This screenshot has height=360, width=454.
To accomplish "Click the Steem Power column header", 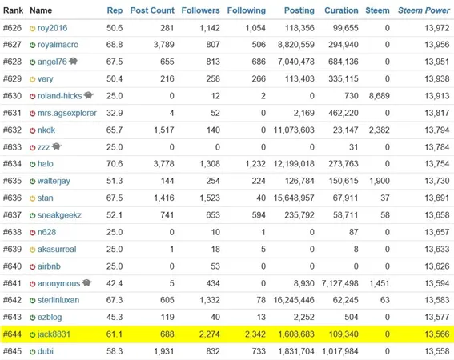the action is coord(424,10).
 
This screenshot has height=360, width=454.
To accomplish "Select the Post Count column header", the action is coord(152,10).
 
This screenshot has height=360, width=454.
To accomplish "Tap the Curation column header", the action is coord(341,10).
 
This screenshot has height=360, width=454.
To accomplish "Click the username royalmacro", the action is coord(58,45).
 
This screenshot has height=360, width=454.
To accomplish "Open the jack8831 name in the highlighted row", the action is coord(54,334).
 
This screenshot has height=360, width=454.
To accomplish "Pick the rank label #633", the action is coord(12,147).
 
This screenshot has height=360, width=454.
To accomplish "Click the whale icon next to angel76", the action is coord(74,62).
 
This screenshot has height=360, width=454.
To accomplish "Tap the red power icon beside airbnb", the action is coord(32,266).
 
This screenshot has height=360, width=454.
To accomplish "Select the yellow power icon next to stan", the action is coord(32,198).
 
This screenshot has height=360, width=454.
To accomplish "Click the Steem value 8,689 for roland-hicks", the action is coord(379,96).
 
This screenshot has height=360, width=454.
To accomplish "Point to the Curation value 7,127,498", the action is coord(339,284).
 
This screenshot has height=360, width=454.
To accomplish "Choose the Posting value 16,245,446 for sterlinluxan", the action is coord(294,300).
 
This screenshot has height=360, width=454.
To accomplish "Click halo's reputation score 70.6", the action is coord(115,164).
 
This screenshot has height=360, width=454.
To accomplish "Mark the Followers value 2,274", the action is coord(209,334).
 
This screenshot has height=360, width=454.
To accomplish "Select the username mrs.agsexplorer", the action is coord(67,113).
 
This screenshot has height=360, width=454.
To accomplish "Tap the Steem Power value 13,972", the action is coord(437,28).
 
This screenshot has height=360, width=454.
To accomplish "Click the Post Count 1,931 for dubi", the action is coord(164,351).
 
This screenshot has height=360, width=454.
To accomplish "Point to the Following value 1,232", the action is coord(255,164).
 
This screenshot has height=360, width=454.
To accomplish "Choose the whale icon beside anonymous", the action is coord(86,282).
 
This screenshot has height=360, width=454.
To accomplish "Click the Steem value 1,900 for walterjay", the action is coord(380,181).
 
